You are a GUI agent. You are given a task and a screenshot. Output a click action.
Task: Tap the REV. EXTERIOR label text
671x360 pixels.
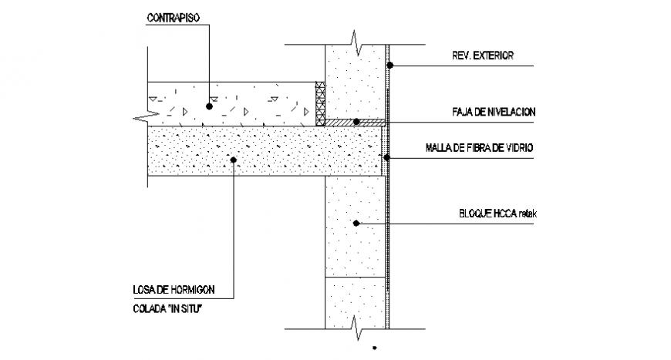pos(482,56)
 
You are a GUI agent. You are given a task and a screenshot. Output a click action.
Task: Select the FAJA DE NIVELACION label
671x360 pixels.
pos(494,113)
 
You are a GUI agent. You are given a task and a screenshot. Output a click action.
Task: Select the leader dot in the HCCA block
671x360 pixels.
pos(356,224)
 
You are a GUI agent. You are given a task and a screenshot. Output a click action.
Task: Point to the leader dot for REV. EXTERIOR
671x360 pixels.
pos(389,65)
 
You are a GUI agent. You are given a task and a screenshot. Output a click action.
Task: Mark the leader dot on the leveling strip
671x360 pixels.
pos(356,122)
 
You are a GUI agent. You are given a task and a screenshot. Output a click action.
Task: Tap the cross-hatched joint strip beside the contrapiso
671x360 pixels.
pos(319,103)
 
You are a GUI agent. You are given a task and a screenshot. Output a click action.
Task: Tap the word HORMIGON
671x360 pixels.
pos(196,291)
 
